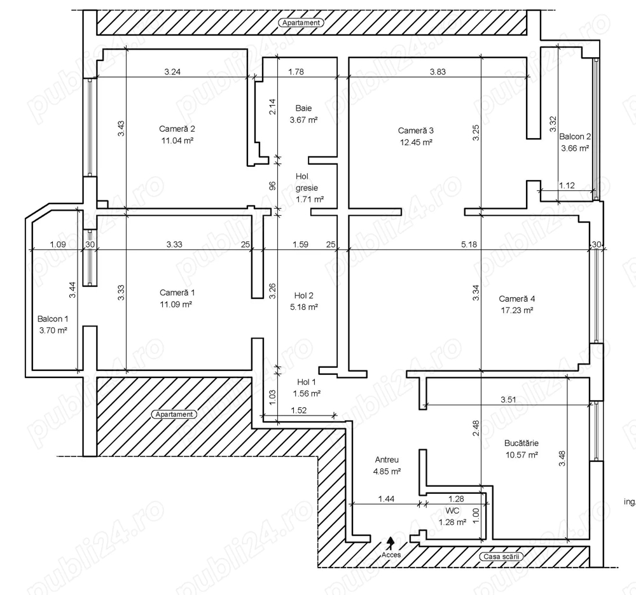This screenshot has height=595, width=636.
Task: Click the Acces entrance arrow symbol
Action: click(391, 543)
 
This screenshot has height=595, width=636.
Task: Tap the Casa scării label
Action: click(501, 556)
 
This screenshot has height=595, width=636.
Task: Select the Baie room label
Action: click(303, 108)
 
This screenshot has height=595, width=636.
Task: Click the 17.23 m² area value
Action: click(516, 311)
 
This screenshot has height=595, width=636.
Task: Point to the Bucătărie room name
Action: click(522, 443)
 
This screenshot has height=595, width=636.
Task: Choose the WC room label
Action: click(452, 510)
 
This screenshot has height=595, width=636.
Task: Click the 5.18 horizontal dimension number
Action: click(469, 244)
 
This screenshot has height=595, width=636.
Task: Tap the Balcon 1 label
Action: click(53, 319)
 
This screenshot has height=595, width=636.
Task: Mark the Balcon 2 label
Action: click(575, 137)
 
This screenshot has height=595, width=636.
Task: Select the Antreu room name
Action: click(387, 460)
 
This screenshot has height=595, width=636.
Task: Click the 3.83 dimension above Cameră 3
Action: click(438, 72)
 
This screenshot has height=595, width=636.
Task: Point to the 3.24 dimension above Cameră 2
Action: click(172, 72)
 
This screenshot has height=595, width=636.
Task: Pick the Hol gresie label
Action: click(307, 182)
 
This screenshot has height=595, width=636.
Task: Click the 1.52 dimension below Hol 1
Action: click(298, 410)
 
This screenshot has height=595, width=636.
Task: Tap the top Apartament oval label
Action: click(301, 23)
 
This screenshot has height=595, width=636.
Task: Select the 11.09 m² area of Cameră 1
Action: click(176, 304)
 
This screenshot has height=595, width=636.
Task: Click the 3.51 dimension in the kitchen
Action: click(508, 400)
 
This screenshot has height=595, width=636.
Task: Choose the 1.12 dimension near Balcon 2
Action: click(567, 185)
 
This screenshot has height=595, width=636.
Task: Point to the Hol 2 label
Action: click(303, 295)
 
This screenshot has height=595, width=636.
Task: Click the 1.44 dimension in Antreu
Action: click(386, 499)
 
